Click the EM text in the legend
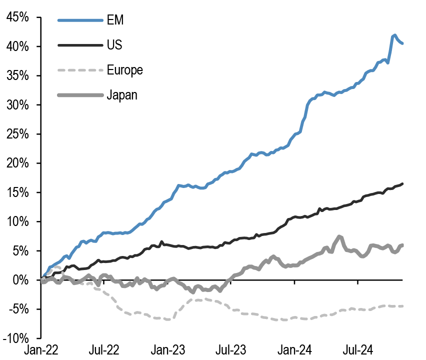click(115, 20)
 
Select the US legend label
click(114, 45)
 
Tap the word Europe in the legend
click(124, 69)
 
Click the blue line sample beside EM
click(79, 20)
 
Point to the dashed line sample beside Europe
click(79, 69)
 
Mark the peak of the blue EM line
click(394, 35)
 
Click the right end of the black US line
click(402, 183)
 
